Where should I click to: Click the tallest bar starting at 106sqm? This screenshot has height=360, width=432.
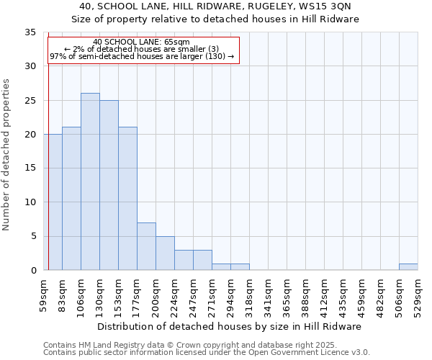click(90, 181)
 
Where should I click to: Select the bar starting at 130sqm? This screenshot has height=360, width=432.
click(109, 185)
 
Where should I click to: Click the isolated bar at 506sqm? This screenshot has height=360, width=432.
click(408, 266)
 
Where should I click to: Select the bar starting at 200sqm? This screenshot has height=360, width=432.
click(165, 253)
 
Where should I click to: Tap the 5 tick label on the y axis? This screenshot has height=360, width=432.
click(33, 236)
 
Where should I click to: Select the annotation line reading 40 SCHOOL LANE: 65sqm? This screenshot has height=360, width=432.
click(142, 42)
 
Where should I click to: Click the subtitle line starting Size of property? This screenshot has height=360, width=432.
click(215, 19)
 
